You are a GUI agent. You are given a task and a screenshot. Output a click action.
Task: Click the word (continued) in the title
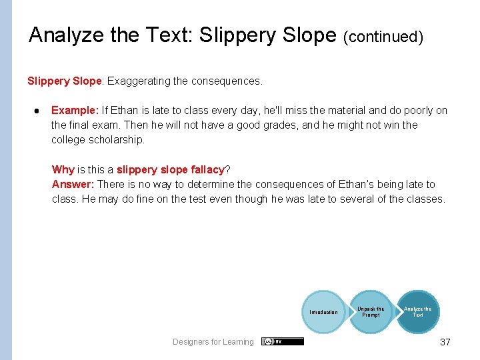[383, 37]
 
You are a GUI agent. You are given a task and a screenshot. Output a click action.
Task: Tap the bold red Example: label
[75, 111]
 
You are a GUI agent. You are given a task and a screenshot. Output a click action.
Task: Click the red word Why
[63, 169]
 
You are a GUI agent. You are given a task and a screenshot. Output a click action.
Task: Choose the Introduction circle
[323, 312]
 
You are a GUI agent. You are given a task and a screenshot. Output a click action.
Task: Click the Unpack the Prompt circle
[371, 312]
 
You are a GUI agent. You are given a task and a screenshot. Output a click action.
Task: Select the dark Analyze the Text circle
[417, 312]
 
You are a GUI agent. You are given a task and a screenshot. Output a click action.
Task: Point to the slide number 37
[445, 342]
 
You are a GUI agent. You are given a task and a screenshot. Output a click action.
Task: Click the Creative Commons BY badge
[283, 341]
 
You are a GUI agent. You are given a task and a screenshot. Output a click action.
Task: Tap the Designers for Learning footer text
[213, 342]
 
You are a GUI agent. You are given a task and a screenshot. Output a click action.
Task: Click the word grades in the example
[266, 125]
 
